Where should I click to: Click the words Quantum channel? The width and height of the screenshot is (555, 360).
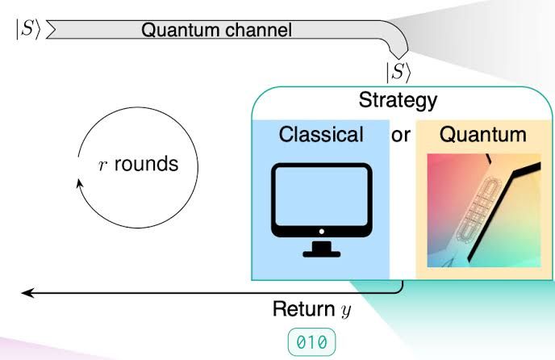pyautogui.click(x=217, y=30)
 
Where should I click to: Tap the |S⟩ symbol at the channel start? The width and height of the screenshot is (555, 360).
pyautogui.click(x=29, y=29)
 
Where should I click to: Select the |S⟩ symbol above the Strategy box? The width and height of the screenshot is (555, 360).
pyautogui.click(x=399, y=73)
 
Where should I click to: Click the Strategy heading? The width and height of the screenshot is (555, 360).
pyautogui.click(x=399, y=101)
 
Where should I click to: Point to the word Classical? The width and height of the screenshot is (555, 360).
pyautogui.click(x=321, y=135)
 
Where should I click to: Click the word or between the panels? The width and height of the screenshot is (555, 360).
pyautogui.click(x=401, y=136)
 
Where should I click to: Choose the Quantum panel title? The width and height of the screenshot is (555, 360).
pyautogui.click(x=482, y=135)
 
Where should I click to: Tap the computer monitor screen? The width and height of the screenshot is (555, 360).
pyautogui.click(x=321, y=196)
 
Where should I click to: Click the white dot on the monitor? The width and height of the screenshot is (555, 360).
pyautogui.click(x=321, y=232)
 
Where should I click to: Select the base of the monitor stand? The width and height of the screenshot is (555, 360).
pyautogui.click(x=321, y=253)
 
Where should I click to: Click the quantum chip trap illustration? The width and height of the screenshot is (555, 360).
pyautogui.click(x=484, y=211)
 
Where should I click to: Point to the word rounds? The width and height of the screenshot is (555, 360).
pyautogui.click(x=146, y=164)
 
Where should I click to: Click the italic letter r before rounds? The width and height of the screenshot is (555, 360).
pyautogui.click(x=102, y=165)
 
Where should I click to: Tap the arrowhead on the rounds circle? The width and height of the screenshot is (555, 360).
pyautogui.click(x=79, y=183)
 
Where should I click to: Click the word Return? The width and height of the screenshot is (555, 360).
pyautogui.click(x=303, y=308)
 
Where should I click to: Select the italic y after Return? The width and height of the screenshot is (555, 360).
pyautogui.click(x=346, y=311)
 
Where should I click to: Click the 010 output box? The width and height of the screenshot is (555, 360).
pyautogui.click(x=311, y=342)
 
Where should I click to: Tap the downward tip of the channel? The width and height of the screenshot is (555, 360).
pyautogui.click(x=399, y=58)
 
